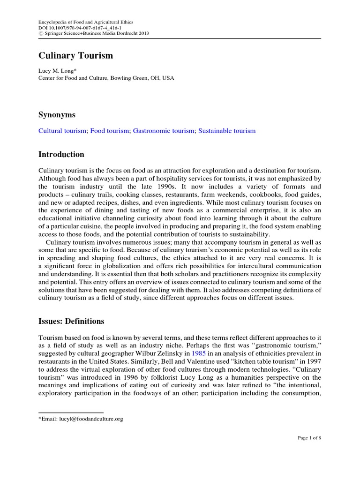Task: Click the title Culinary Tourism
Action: [x=75, y=56]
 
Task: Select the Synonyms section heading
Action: [x=57, y=115]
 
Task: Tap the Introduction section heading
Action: [x=61, y=154]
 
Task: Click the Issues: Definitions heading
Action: [x=71, y=321]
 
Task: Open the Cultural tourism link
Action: [x=62, y=131]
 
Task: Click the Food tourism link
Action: [x=109, y=131]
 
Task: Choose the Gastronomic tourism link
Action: [x=163, y=131]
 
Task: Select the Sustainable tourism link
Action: [x=227, y=131]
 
